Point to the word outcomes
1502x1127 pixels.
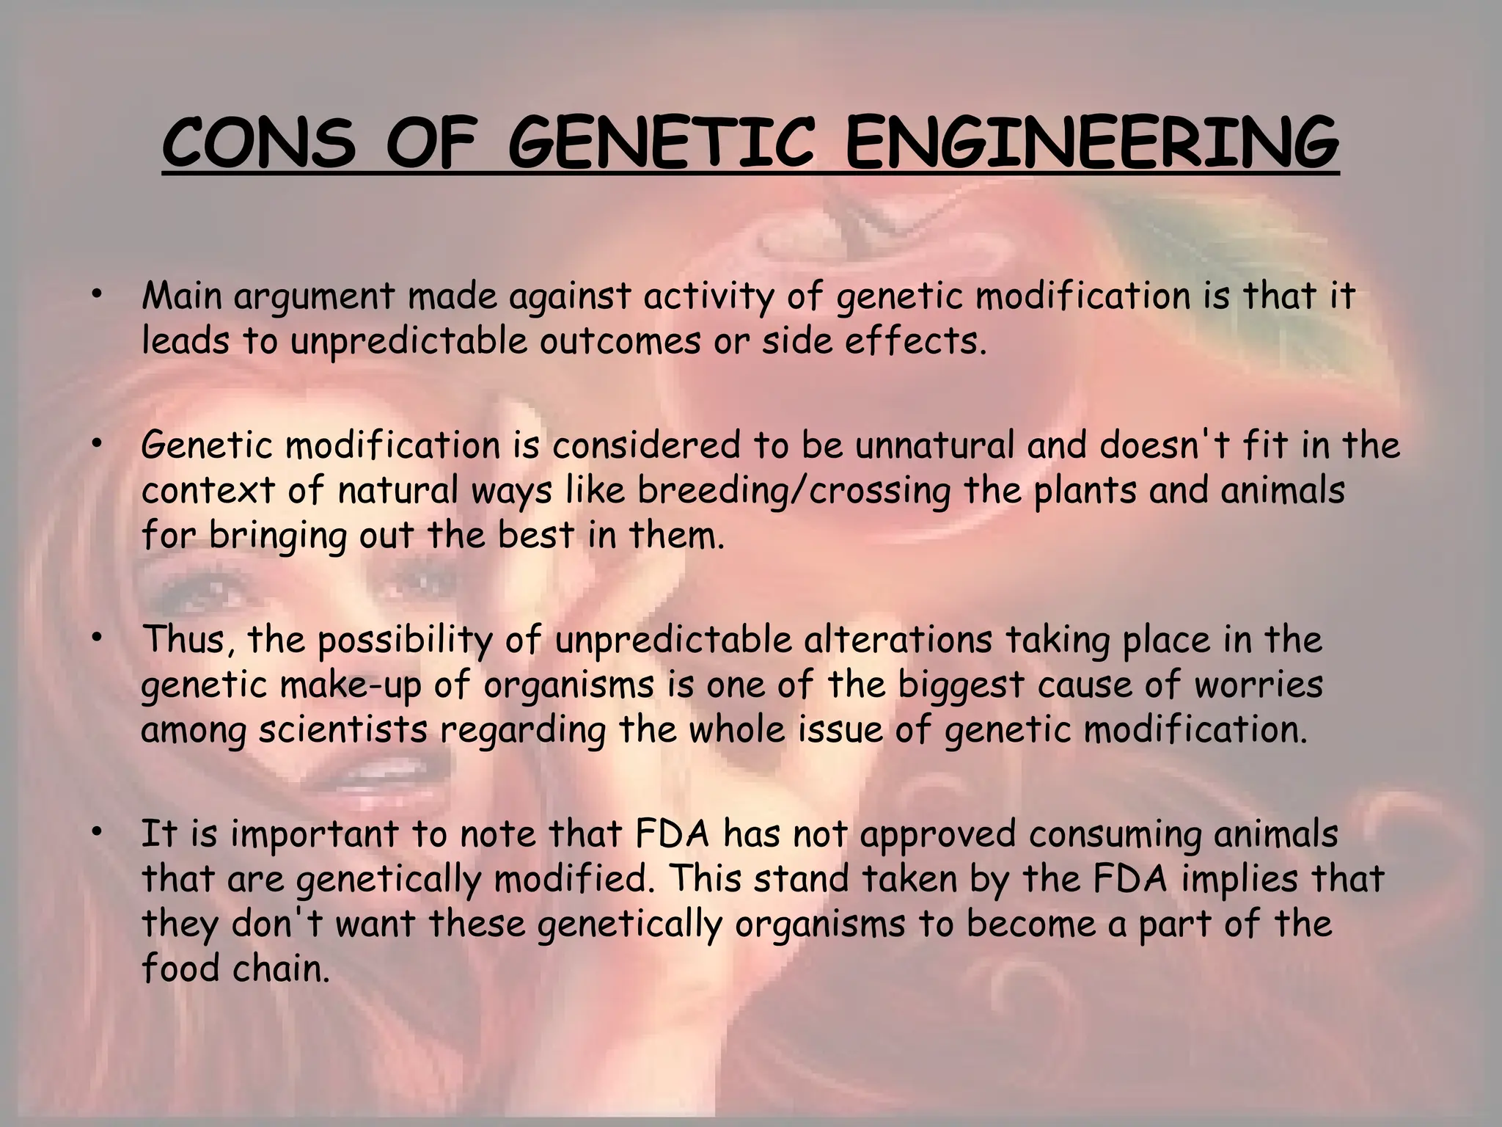(x=620, y=341)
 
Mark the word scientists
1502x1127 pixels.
(x=342, y=730)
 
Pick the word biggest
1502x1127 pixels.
(x=961, y=685)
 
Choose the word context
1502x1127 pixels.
(x=208, y=490)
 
